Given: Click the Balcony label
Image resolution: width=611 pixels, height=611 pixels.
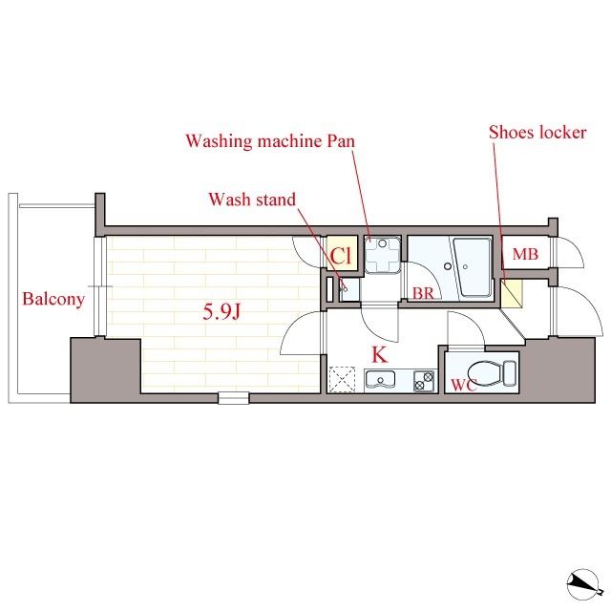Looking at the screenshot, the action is (x=53, y=300).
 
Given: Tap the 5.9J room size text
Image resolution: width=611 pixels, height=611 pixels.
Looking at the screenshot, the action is (x=221, y=311).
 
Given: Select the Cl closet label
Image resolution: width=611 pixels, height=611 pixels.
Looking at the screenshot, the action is (x=342, y=256).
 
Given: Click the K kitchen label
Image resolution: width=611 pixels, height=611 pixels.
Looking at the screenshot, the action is (x=380, y=354).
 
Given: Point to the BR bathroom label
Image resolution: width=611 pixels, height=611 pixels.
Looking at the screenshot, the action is (x=423, y=293).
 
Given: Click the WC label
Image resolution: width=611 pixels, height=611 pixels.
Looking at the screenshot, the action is (x=464, y=385).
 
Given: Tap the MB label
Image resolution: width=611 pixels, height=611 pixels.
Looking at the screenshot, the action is (x=525, y=254).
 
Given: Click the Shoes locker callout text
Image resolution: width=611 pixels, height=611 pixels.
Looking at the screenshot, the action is (x=537, y=133).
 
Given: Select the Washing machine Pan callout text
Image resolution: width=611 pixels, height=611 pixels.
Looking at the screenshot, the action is (x=270, y=140).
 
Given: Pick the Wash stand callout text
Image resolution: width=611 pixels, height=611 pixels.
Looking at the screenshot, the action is (x=252, y=200).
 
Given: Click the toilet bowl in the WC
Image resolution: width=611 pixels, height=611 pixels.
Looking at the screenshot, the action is (x=485, y=373).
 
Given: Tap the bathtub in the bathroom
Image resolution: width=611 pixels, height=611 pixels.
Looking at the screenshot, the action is (x=472, y=267).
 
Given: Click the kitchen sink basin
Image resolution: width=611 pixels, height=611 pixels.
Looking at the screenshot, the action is (x=380, y=379).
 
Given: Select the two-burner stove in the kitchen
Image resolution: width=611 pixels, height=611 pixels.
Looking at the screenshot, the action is (x=424, y=381).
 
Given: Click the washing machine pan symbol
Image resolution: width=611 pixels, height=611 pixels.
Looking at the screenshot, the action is (x=383, y=254).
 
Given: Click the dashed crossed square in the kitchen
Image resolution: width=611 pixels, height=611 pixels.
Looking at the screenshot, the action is (x=342, y=379).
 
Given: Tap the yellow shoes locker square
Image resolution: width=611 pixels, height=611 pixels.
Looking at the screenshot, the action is (x=512, y=293).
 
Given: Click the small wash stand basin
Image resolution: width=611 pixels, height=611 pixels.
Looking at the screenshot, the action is (x=348, y=289).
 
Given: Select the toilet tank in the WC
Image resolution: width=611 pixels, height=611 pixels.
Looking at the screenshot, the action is (x=510, y=373).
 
